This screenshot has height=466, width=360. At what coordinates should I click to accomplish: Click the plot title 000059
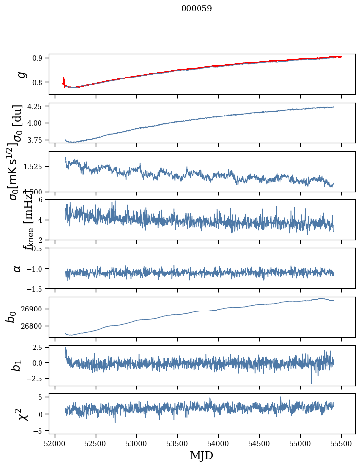point(197,9)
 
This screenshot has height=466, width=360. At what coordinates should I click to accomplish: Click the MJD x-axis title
point(201,455)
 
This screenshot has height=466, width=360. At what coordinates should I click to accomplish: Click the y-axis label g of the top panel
point(20,75)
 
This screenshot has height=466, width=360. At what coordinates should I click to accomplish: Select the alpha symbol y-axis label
point(17,268)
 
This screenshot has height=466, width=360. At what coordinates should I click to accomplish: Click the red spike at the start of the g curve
point(64,80)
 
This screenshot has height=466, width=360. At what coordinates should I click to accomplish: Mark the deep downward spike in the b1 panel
point(311,382)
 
